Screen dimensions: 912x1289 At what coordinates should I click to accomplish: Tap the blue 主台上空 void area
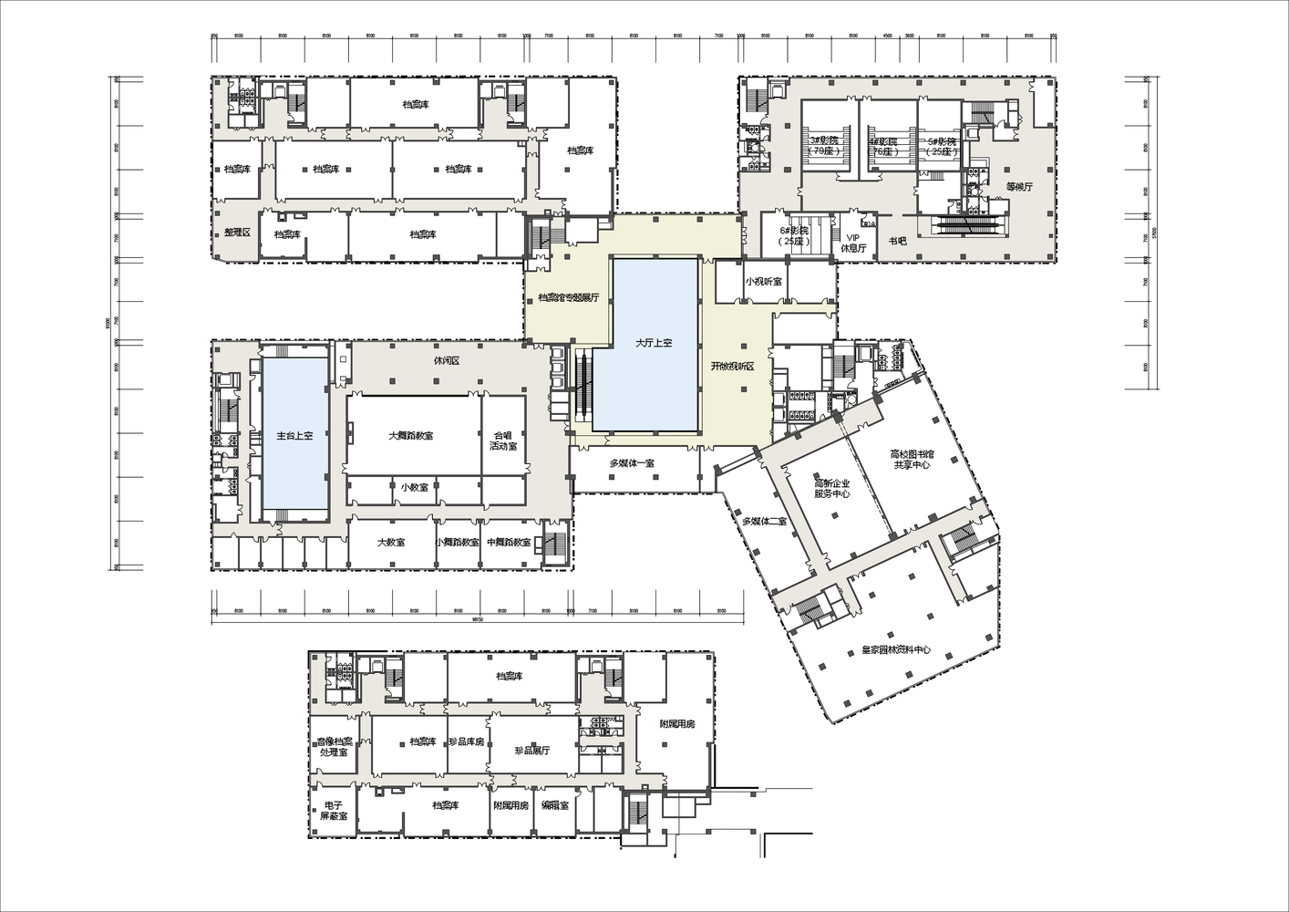(294, 436)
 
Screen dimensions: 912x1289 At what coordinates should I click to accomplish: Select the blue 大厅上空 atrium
(654, 343)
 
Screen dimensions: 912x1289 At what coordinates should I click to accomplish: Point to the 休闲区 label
(446, 360)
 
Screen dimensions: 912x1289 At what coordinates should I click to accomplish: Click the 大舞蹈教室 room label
(410, 436)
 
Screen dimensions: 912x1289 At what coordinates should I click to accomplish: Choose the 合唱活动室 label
(503, 440)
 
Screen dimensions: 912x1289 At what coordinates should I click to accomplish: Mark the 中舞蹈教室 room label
(509, 542)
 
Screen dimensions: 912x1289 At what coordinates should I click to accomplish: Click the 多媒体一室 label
(633, 463)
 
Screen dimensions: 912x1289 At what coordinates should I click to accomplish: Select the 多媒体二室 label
(764, 521)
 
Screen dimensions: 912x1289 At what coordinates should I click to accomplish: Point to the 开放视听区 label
(741, 366)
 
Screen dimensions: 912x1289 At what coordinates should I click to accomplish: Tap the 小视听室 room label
(763, 281)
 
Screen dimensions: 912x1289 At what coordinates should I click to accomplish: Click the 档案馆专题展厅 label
(568, 297)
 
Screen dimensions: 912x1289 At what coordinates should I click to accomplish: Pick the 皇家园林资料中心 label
(896, 650)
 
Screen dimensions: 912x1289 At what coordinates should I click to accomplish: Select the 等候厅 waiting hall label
(1018, 187)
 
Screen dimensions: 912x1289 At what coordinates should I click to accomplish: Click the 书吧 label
(898, 242)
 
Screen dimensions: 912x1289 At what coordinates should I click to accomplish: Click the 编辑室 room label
(554, 805)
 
